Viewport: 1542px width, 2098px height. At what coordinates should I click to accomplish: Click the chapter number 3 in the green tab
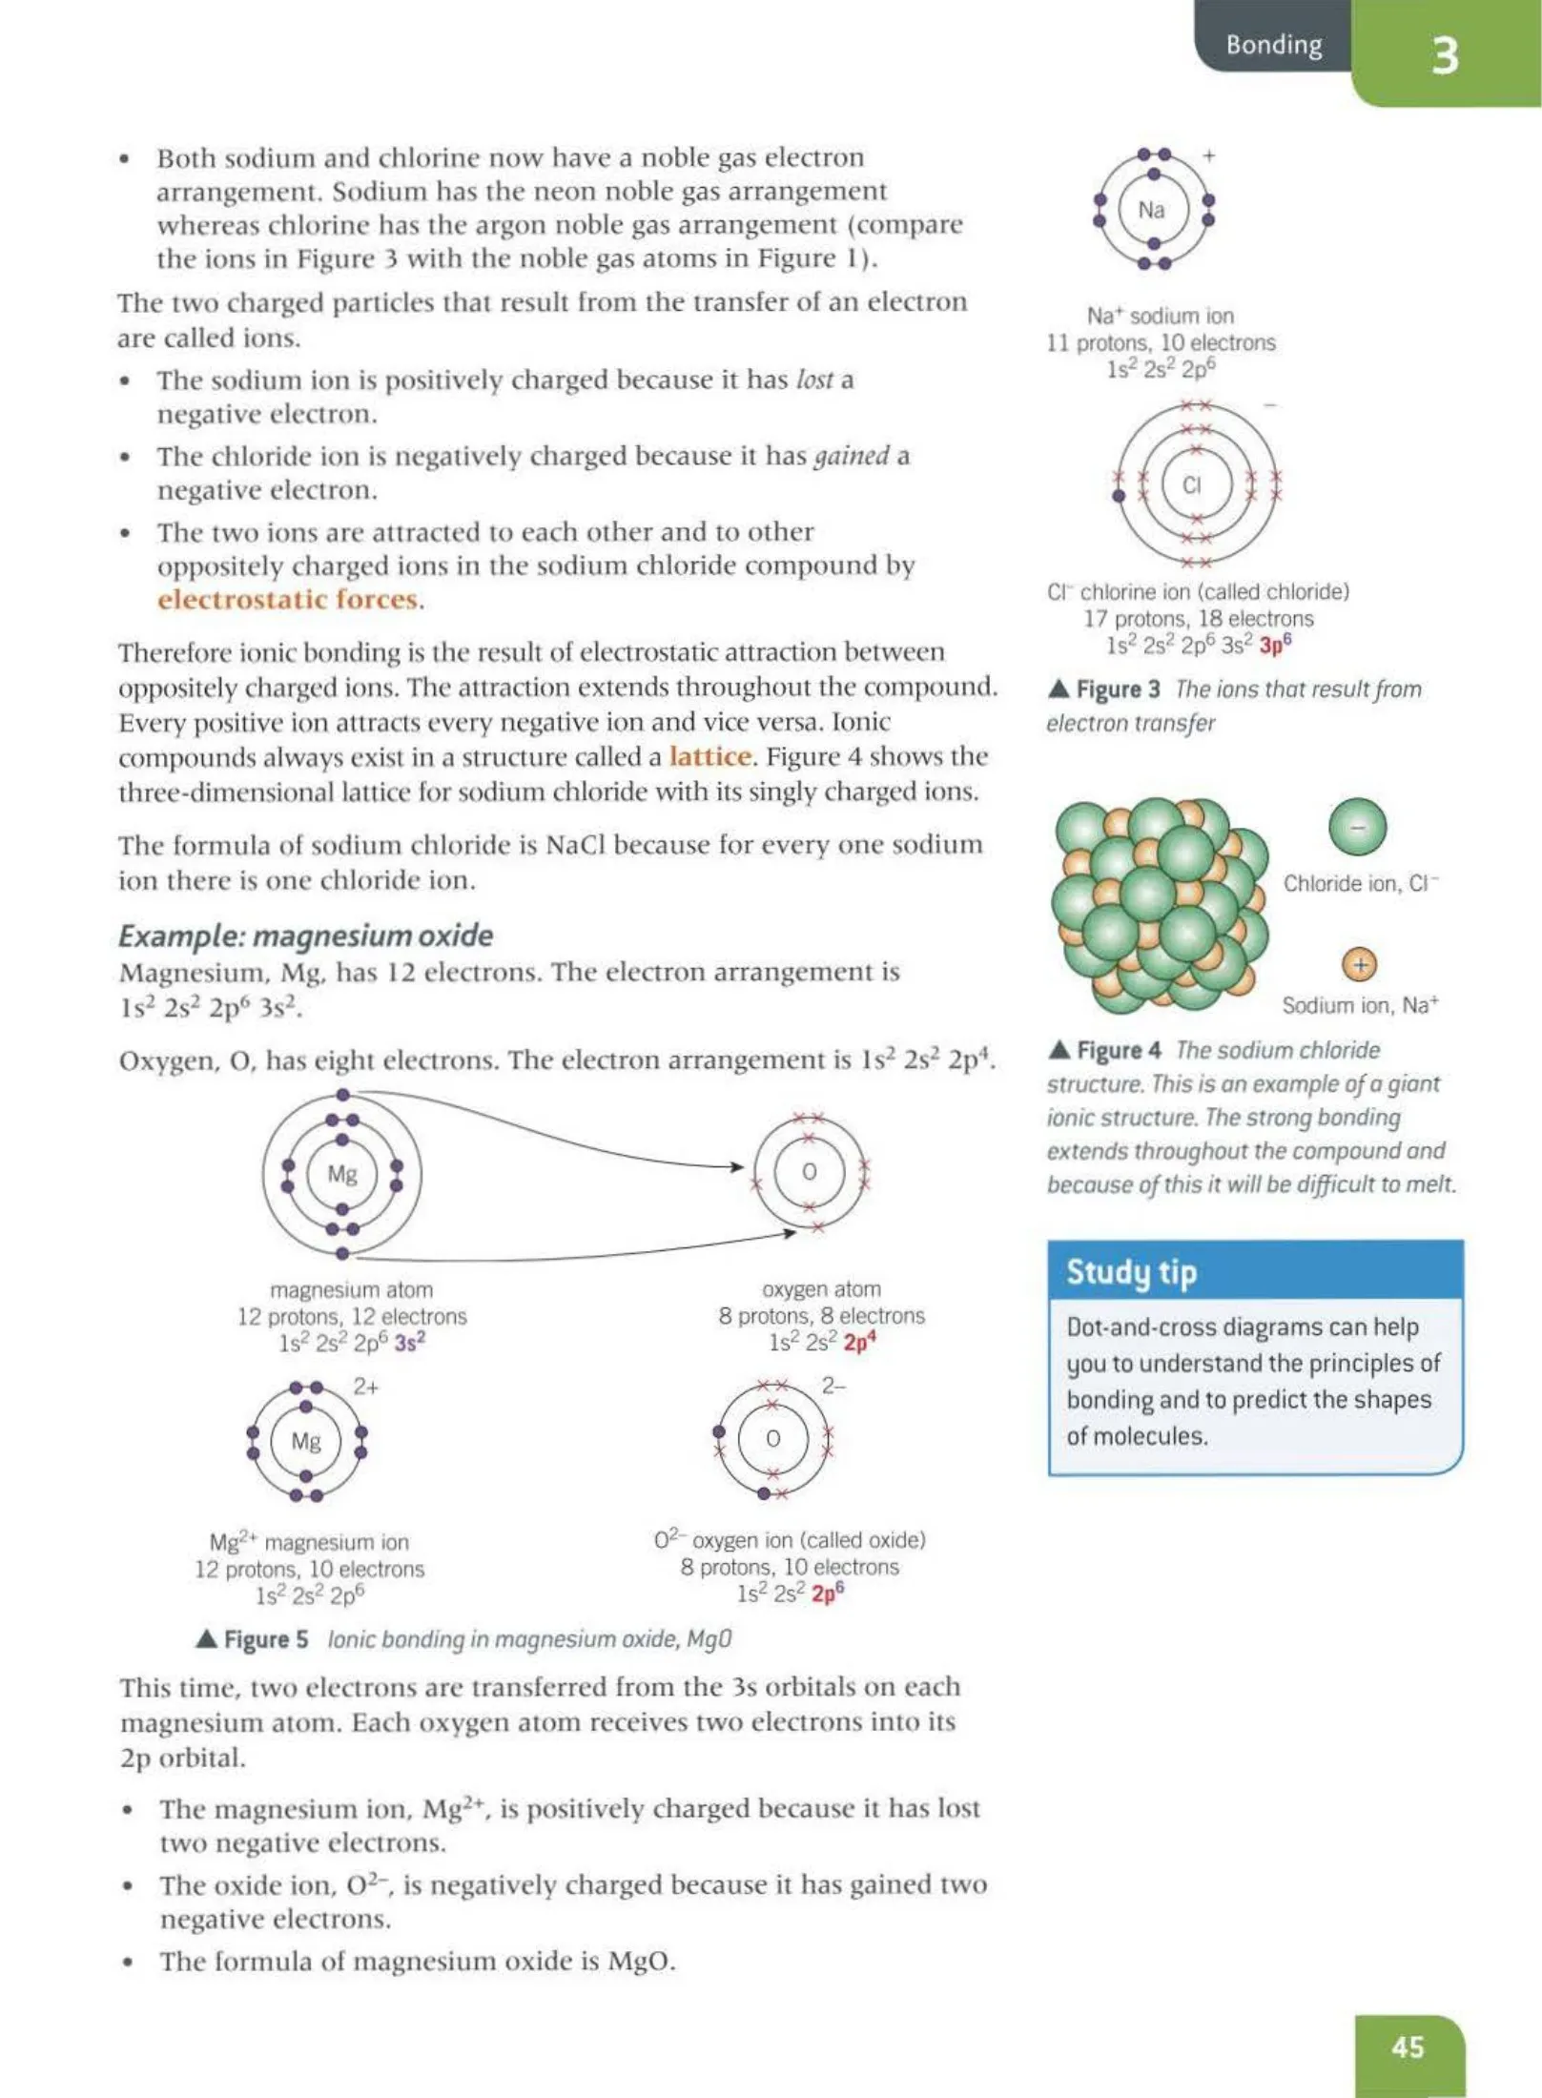coord(1445,55)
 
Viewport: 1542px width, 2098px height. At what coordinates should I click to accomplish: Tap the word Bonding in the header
coord(1273,45)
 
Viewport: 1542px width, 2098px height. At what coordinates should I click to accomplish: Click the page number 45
coord(1408,2047)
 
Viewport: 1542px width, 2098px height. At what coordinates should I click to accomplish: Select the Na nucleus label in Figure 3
coord(1151,210)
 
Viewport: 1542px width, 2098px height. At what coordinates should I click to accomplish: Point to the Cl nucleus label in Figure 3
coord(1192,485)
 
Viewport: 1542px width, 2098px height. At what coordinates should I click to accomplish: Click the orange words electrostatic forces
coord(288,600)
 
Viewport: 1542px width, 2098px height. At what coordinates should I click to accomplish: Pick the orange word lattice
coord(709,756)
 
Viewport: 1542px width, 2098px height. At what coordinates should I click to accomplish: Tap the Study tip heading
coord(1131,1271)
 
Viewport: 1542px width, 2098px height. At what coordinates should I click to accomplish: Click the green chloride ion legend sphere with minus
coord(1357,827)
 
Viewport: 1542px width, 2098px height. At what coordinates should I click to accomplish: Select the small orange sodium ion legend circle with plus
coord(1360,965)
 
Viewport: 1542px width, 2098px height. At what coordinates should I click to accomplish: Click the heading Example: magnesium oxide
coord(305,936)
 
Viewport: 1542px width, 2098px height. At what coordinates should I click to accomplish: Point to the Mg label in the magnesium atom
coord(341,1174)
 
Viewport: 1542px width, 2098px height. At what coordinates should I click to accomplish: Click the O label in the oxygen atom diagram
coord(809,1172)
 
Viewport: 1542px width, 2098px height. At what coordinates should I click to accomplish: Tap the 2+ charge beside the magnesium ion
coord(366,1387)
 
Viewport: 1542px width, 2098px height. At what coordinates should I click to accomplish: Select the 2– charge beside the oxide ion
coord(833,1385)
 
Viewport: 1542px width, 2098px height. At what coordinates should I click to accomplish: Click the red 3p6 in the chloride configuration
coord(1275,646)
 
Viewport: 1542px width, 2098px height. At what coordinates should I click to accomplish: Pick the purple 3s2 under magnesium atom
coord(409,1343)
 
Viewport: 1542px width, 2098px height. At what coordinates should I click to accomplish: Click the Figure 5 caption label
coord(264,1639)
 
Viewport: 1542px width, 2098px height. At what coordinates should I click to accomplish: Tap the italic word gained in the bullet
coord(851,456)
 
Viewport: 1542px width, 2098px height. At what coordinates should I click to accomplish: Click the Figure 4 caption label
coord(1118,1050)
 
